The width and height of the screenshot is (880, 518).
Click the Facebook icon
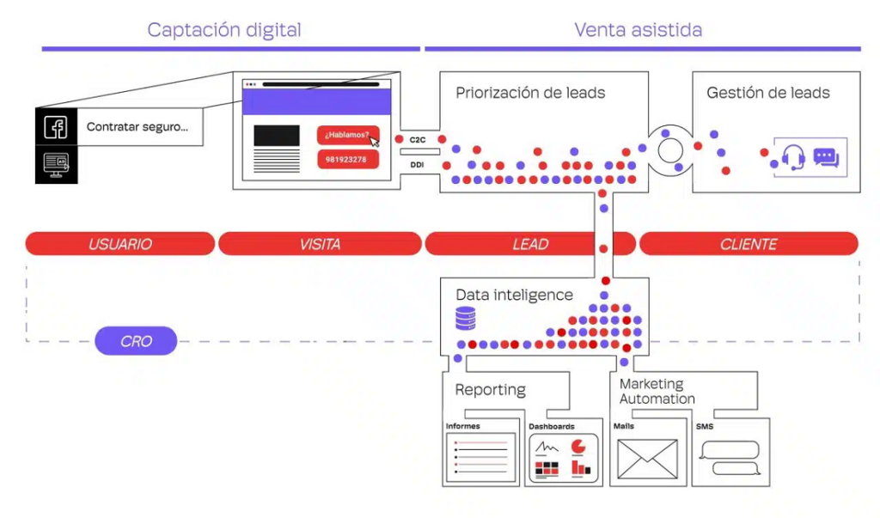56,127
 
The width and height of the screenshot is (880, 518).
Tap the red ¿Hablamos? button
348,135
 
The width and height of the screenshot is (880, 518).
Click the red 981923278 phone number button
348,160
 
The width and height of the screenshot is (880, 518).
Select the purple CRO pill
136,341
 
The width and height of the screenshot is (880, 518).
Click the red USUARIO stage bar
120,244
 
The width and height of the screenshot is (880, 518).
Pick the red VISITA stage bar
320,244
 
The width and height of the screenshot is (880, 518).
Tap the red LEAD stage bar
530,244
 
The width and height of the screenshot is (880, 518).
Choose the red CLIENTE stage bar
749,244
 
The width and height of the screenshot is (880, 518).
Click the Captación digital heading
224,30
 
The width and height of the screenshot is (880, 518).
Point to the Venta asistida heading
639,30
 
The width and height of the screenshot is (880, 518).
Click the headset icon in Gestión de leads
792,158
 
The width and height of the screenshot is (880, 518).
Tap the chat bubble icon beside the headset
826,158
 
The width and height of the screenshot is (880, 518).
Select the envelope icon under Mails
647,458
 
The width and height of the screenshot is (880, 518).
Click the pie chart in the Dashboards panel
577,446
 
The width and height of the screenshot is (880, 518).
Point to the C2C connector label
418,139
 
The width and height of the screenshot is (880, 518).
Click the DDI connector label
418,164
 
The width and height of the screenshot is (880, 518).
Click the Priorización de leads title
530,93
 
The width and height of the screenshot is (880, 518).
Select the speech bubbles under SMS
730,458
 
